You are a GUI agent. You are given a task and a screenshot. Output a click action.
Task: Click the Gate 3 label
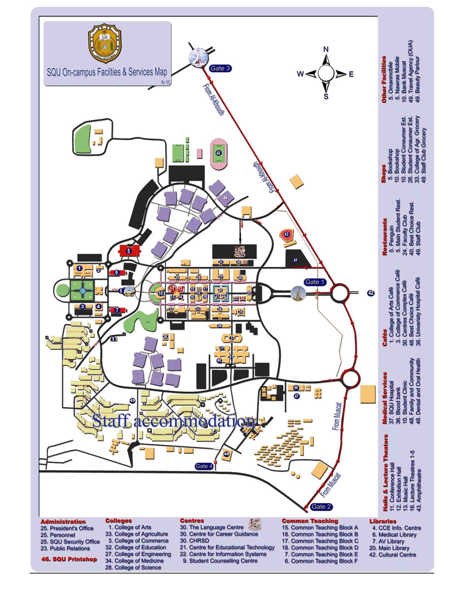220,68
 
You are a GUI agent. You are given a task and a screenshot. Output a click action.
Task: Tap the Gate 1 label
315,282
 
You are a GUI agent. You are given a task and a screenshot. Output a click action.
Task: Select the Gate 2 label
321,507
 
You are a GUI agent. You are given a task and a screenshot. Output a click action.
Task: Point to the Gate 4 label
204,466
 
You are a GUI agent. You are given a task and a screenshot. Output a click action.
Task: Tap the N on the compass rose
326,49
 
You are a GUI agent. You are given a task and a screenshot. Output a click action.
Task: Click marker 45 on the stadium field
218,153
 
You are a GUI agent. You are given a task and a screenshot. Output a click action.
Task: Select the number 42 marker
371,293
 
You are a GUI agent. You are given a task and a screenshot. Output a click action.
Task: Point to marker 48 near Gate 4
226,454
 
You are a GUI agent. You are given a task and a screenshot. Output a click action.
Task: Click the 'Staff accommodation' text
173,421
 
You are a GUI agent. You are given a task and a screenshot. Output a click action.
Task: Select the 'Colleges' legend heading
118,520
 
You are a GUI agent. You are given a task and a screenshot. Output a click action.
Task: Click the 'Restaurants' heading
384,237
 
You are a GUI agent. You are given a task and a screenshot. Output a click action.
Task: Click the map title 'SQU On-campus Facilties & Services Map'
107,72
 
